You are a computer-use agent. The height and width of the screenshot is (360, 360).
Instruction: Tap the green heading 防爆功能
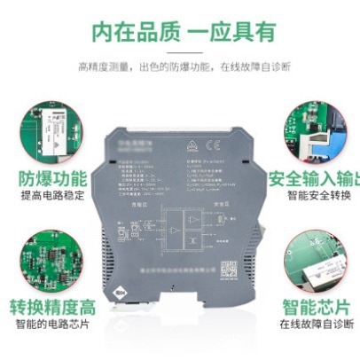coord(48,177)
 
